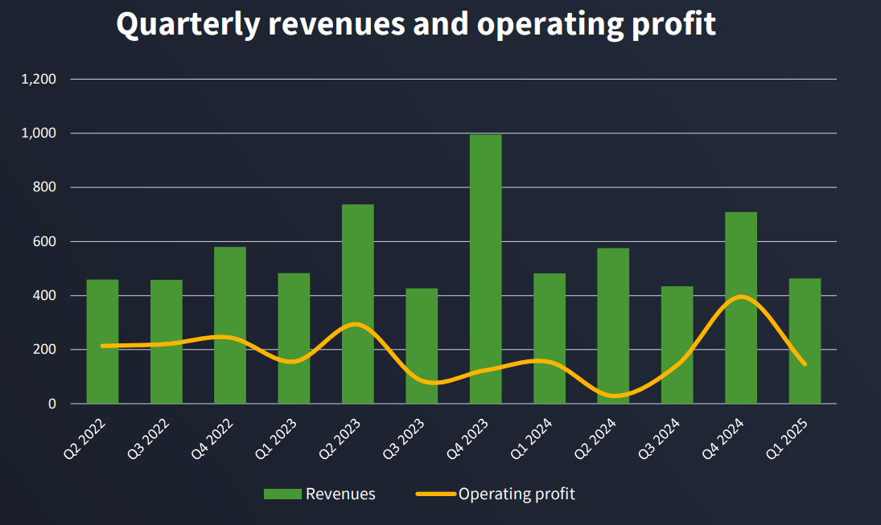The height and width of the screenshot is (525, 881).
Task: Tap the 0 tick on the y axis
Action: (52, 404)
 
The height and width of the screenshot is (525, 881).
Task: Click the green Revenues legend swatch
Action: (282, 494)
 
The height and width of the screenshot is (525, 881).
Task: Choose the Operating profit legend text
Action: (517, 494)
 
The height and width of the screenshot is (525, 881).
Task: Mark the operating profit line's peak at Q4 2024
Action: (741, 297)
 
